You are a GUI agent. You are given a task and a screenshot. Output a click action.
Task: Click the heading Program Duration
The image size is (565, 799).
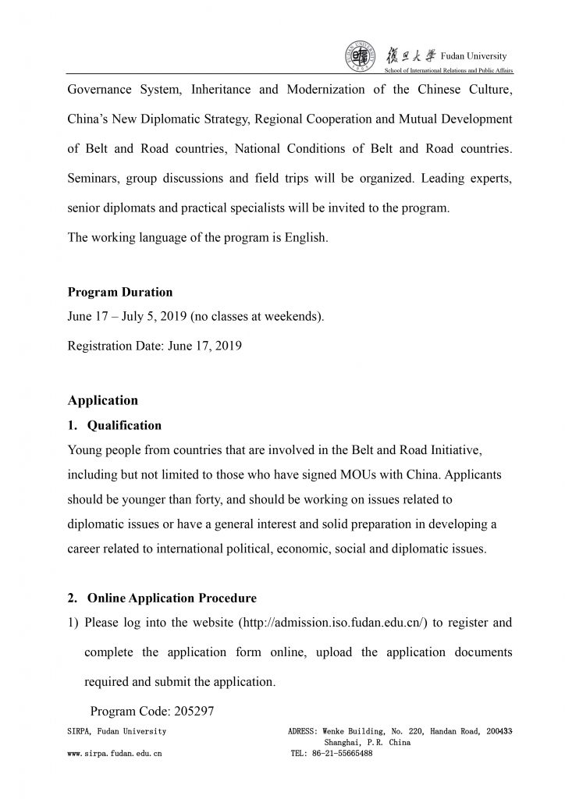point(120,293)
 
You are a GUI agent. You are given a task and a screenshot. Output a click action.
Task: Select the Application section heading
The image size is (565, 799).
point(103,400)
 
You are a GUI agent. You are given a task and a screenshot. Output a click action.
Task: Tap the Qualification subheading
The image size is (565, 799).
point(124,426)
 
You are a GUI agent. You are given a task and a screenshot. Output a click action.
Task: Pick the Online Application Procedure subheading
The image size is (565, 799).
point(172,598)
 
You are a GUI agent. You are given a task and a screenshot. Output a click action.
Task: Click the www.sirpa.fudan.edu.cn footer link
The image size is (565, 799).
point(115,754)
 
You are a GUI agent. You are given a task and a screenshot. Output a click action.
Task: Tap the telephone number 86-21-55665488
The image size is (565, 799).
point(343,754)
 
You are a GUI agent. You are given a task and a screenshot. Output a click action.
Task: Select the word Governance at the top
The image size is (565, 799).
point(102,90)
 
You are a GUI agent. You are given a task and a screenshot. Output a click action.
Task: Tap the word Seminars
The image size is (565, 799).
point(94,179)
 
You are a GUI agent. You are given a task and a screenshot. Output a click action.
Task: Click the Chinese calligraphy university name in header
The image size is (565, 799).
point(410,56)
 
